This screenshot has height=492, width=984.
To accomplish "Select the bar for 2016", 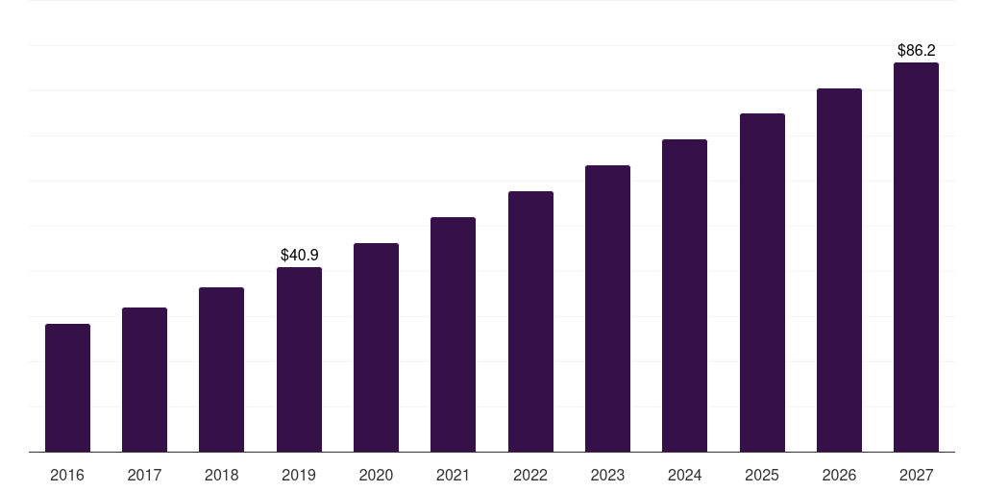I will [x=67, y=388].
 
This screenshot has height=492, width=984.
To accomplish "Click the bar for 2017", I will [x=144, y=380].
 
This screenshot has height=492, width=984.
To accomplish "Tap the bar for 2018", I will [x=221, y=370].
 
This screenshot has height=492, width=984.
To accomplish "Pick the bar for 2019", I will [x=299, y=359].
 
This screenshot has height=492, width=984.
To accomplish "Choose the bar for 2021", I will [x=453, y=334].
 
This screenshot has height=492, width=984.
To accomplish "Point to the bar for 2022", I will [x=530, y=322].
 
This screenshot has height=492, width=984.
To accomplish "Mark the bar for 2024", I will [x=684, y=296].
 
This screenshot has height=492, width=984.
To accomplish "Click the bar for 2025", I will [x=762, y=283].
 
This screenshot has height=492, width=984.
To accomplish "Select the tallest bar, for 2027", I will [x=916, y=258].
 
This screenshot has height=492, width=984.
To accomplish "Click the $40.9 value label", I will [x=299, y=255].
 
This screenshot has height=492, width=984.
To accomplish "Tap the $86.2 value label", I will [x=916, y=50].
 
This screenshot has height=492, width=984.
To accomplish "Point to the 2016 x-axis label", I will [x=67, y=476].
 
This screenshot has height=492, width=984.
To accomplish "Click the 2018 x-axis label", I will [x=221, y=476].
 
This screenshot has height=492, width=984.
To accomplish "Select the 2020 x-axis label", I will [x=376, y=476].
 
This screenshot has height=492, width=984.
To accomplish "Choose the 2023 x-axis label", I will [x=607, y=476].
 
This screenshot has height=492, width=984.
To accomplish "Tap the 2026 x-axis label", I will [x=839, y=476].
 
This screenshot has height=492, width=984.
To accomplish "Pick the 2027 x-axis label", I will [x=916, y=476].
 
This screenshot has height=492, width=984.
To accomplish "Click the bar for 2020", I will [x=376, y=348].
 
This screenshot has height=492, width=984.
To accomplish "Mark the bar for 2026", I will [x=839, y=270].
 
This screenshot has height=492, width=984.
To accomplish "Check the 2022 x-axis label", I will [x=530, y=476].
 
